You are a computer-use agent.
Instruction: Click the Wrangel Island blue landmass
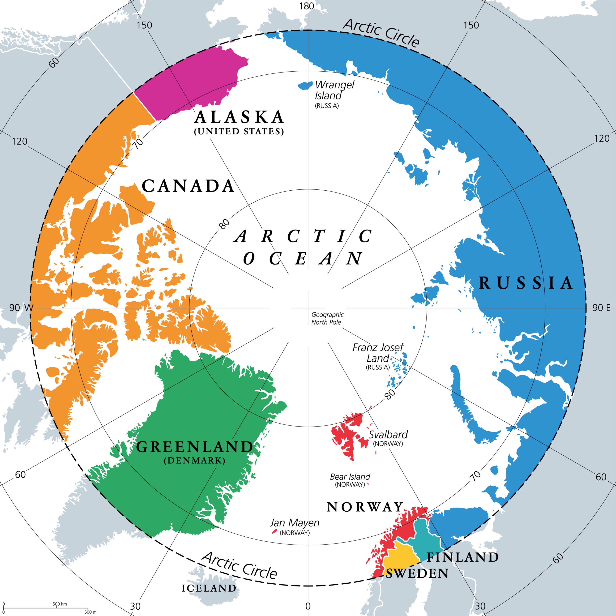(305, 85)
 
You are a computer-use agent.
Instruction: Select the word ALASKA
(239, 117)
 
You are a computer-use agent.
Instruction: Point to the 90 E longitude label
(601, 308)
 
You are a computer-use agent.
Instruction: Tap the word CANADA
(188, 186)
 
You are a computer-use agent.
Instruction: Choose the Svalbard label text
(388, 434)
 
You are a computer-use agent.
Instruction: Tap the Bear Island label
(350, 477)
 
